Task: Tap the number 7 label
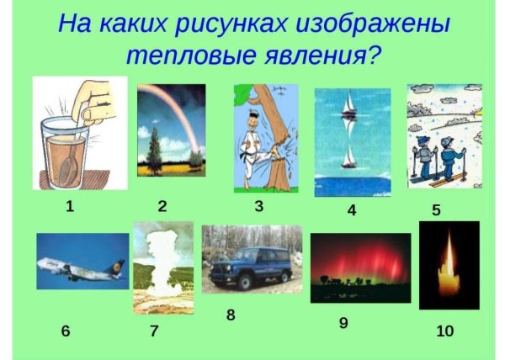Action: (x=154, y=331)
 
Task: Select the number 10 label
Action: (x=445, y=331)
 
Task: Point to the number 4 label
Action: (x=352, y=210)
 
